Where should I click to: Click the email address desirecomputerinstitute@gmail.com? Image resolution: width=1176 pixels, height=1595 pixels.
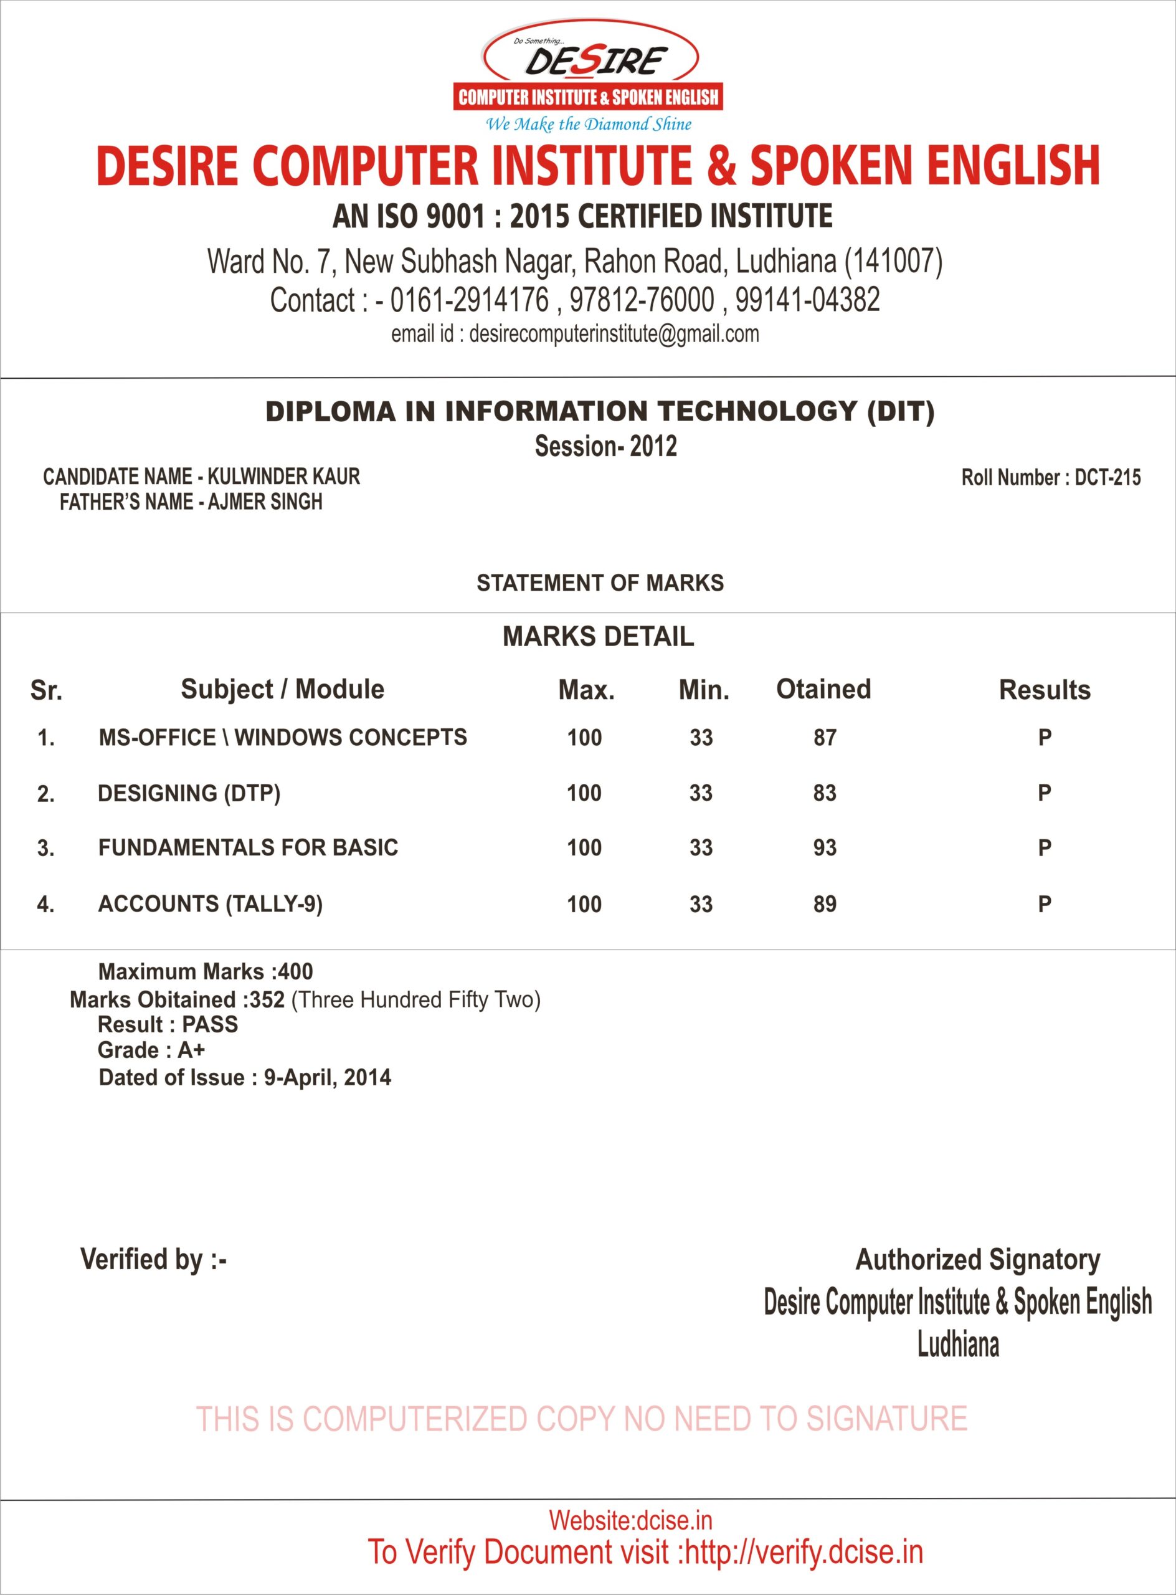coord(614,334)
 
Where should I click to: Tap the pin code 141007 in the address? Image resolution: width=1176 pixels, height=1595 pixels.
coord(893,261)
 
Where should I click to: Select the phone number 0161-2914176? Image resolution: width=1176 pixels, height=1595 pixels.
coord(469,300)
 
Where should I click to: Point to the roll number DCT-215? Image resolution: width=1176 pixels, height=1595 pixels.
coord(1107,477)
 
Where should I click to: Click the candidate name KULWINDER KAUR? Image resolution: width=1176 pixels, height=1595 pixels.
coord(283,477)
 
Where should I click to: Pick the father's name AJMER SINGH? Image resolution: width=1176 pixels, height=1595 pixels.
coord(265,502)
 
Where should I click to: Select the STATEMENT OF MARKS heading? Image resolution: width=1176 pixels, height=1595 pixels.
coord(599,583)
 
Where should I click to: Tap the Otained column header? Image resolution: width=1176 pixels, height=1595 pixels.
coord(823,689)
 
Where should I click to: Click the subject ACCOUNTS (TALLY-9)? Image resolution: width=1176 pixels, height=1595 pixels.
coord(210,904)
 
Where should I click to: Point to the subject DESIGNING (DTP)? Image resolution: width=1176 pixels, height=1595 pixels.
coord(189,793)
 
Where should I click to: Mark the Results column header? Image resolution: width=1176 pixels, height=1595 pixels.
coord(1045,690)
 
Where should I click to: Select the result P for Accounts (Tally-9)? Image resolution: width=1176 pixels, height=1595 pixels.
coord(1045,904)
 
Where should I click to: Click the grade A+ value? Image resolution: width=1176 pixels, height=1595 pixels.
coord(191,1050)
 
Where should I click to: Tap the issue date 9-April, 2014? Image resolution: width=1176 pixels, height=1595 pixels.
coord(327,1077)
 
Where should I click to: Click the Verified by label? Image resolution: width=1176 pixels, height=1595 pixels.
coord(153,1260)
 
